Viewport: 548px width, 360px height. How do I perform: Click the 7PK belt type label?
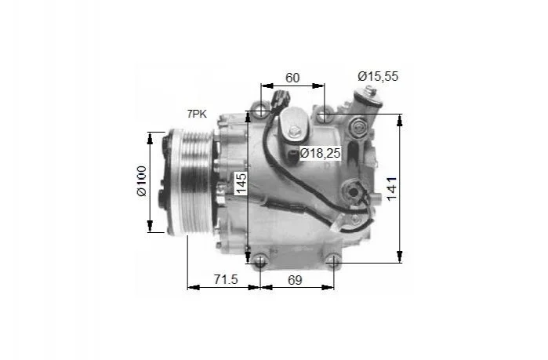(x=197, y=114)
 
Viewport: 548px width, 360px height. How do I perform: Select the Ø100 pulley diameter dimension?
(x=142, y=181)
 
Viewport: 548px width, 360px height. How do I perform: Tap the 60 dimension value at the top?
(x=292, y=78)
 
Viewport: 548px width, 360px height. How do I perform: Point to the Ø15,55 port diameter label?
(x=378, y=76)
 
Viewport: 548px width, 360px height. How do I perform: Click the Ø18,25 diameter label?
(x=320, y=153)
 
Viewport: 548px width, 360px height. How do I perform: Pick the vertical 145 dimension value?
(x=241, y=184)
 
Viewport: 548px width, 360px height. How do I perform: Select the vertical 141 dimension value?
(x=392, y=189)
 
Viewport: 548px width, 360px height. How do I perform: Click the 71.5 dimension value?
(x=226, y=279)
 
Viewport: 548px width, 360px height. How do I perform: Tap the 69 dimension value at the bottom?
(x=295, y=280)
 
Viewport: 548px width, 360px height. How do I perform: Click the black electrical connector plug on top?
(x=281, y=98)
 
